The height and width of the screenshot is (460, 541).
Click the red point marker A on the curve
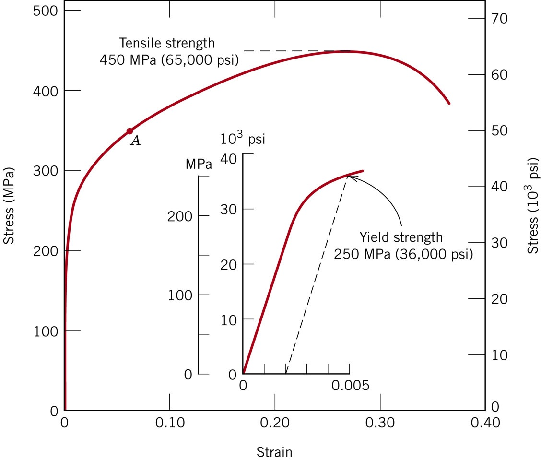click(x=129, y=131)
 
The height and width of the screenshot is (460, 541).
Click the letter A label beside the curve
click(x=136, y=141)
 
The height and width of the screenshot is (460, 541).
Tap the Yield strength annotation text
click(x=403, y=245)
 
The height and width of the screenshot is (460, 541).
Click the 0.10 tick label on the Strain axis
click(x=169, y=424)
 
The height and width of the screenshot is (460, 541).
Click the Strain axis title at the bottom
click(x=274, y=451)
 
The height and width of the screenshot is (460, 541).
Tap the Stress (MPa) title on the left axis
click(x=8, y=206)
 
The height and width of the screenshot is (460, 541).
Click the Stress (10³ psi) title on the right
click(x=533, y=206)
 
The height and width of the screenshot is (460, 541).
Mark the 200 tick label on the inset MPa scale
click(x=179, y=216)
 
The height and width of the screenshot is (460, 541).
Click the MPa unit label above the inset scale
click(x=198, y=164)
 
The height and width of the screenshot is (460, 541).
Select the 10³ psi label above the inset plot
click(x=243, y=139)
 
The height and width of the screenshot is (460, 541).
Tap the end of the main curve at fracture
click(x=449, y=103)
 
